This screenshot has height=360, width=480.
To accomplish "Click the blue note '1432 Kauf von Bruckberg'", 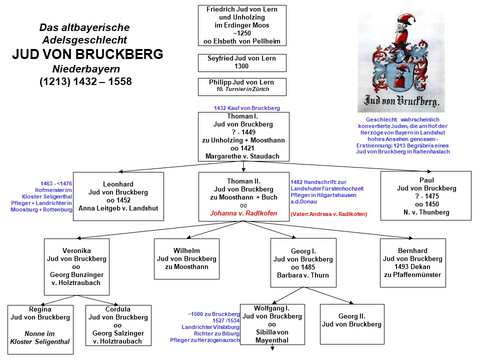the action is coord(246,108).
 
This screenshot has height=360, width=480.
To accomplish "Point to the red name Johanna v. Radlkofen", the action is coord(243,213).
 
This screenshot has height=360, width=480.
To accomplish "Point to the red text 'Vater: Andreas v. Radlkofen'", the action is coord(329,214).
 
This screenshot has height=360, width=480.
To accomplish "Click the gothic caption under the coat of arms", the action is coord(401,100).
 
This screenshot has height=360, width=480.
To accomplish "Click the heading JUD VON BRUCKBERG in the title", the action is coord(87,54).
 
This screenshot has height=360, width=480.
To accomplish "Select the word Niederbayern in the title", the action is coord(86,69).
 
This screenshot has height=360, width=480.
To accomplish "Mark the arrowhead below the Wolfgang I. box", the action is coord(272,348).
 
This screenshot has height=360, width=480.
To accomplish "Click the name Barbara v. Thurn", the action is coord(303,275).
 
